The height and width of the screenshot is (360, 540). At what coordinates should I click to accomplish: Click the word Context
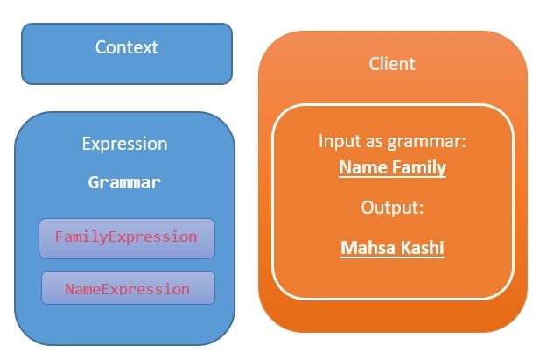[127, 47]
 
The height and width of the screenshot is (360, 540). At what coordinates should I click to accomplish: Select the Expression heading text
[124, 144]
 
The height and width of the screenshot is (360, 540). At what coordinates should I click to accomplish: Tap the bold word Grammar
[124, 183]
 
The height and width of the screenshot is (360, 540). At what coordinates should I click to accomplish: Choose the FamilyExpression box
[126, 237]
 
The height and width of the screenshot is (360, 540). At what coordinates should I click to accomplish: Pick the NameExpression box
[127, 288]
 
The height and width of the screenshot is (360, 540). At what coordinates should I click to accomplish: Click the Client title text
[392, 64]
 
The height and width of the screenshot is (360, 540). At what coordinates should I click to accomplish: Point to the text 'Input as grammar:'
[392, 141]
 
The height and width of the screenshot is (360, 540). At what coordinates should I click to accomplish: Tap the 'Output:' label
[392, 208]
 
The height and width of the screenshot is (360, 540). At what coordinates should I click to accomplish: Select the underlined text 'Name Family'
[392, 167]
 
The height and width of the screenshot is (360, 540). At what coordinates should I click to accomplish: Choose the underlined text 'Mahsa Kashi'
[392, 248]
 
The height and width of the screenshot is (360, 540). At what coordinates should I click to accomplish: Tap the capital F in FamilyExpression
[60, 237]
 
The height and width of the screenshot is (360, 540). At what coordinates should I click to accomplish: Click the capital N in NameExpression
[70, 289]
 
